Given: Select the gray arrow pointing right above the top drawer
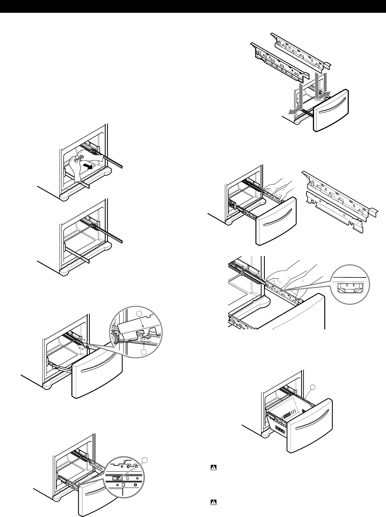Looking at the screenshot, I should click(x=323, y=93).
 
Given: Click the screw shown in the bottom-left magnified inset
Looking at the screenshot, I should click(x=115, y=478).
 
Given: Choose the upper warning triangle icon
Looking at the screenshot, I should click(x=214, y=468).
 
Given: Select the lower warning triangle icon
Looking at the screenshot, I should click(x=214, y=502).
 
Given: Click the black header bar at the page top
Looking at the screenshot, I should click(x=193, y=6).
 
